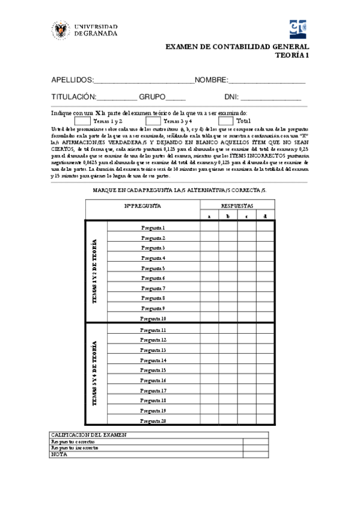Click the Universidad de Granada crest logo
point(61,31)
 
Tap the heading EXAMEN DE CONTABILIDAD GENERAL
point(237,46)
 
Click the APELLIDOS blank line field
point(144,80)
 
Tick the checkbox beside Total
point(226,121)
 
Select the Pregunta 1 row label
point(153,228)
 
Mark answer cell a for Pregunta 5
point(209,268)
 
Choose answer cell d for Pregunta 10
point(266,319)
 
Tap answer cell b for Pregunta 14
point(228,360)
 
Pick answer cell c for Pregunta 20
point(246,421)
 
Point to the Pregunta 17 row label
point(153,390)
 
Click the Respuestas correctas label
point(73,441)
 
